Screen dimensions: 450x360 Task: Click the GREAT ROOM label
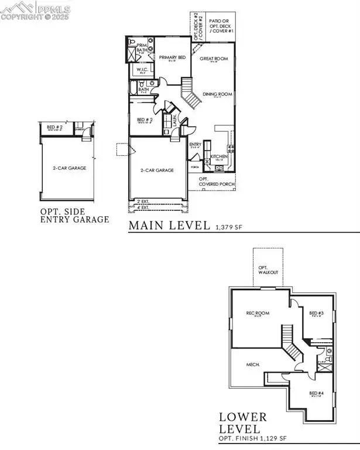[212, 59]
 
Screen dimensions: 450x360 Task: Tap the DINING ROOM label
[215, 94]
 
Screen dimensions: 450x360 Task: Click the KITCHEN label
[219, 156]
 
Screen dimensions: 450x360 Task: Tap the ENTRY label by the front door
[196, 145]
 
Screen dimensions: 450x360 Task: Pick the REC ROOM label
[258, 313]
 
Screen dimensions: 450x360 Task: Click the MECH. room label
[253, 364]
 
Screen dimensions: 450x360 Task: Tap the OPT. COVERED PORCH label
[217, 182]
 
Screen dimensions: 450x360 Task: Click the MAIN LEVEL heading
[169, 225]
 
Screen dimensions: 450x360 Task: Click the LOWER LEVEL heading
[243, 424]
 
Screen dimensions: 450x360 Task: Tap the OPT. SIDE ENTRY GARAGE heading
[74, 216]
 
